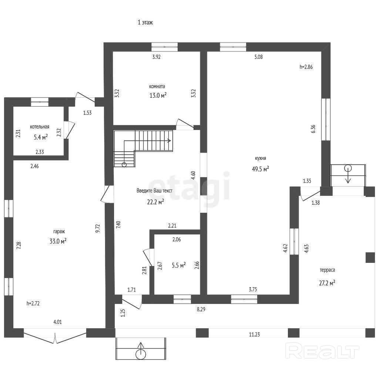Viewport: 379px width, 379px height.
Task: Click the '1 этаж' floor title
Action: coord(145,23)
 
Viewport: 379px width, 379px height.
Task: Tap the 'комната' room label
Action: coord(157,86)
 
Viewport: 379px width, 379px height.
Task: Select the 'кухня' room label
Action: coord(261,158)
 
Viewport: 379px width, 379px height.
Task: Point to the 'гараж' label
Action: coord(59,232)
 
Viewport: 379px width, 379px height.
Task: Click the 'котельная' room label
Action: coord(40,127)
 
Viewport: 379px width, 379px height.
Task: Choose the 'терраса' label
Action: coord(327,270)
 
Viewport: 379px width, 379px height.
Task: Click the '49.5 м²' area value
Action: coord(261,169)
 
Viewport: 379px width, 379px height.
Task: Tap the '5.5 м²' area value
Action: coord(179,265)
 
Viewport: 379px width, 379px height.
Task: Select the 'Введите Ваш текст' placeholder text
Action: coord(154,191)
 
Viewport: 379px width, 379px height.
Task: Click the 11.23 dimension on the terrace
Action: coord(255,335)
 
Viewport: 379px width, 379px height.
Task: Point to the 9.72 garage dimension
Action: coord(98,228)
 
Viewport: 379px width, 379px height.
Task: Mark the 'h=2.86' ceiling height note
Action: coord(306,67)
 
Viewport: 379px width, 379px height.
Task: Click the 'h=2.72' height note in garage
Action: coord(33,303)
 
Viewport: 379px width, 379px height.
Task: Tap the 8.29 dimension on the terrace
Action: coord(201,309)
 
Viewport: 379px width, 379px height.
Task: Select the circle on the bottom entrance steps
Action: coord(141,355)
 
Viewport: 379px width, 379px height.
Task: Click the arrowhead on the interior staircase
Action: coord(170,141)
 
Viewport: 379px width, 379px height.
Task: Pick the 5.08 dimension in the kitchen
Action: coord(258,57)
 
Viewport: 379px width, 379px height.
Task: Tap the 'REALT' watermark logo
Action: coord(322,351)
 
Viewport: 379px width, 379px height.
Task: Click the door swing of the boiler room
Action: coord(71,130)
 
